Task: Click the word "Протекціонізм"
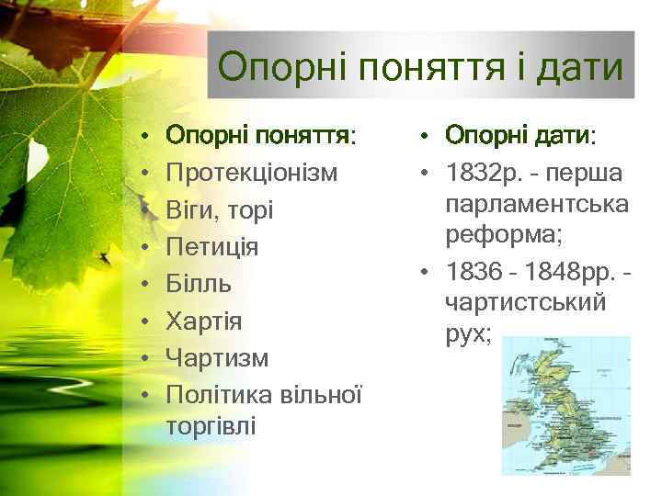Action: [251, 173]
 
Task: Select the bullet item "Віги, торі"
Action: [212, 210]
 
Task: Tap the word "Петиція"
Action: [211, 247]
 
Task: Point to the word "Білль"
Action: [199, 284]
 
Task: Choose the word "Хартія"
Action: [204, 321]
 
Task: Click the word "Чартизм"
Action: [217, 357]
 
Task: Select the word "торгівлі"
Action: [212, 426]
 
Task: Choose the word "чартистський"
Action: [525, 302]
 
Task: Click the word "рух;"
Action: [468, 334]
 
